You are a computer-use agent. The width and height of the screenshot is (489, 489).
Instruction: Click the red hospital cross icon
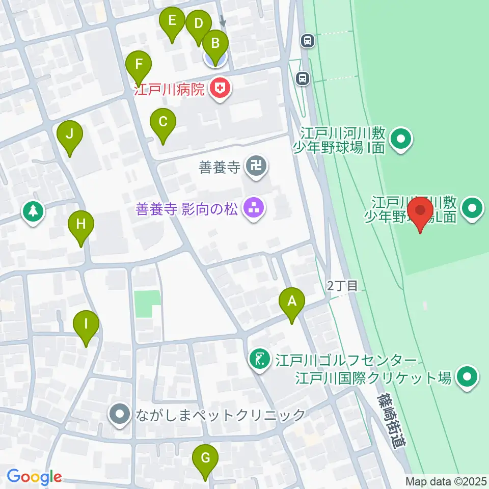coord(220,90)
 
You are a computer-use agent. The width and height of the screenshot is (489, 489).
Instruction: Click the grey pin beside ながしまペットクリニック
coord(120,414)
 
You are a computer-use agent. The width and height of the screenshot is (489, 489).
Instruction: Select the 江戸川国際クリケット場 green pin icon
coord(467,377)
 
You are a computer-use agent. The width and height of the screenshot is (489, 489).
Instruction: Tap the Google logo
coord(34,477)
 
